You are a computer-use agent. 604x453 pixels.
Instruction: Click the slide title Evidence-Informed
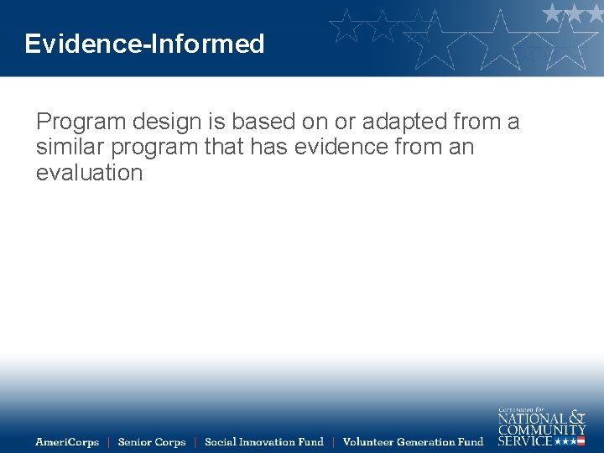click(x=144, y=44)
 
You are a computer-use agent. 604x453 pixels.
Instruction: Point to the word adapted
click(x=402, y=122)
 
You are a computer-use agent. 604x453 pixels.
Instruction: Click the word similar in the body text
click(x=65, y=148)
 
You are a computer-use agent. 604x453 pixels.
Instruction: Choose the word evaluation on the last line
click(x=89, y=173)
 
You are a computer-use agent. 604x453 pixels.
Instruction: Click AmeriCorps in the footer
click(x=66, y=442)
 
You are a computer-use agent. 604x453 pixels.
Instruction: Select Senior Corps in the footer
click(x=152, y=442)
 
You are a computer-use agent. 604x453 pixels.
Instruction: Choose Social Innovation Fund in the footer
click(x=263, y=442)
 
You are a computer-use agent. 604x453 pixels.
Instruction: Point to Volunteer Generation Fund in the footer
click(x=413, y=442)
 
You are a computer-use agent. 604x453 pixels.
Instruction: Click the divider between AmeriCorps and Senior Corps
click(x=108, y=442)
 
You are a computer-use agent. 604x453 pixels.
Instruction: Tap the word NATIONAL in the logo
click(x=532, y=418)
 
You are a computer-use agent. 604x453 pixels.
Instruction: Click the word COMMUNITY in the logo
click(x=542, y=430)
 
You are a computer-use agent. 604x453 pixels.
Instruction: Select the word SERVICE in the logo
click(x=525, y=440)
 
